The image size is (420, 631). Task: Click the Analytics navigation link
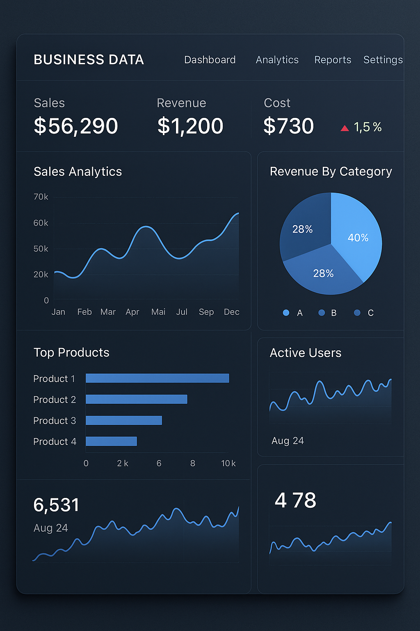(277, 60)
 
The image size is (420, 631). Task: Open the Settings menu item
(383, 60)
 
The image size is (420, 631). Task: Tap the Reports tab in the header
(333, 60)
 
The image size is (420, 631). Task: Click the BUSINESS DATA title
(89, 60)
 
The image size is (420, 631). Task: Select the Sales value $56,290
(76, 126)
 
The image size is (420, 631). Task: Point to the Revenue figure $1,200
(190, 126)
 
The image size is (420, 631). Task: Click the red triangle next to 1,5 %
(345, 128)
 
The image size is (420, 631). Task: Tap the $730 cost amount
(288, 126)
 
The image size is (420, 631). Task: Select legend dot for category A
(286, 313)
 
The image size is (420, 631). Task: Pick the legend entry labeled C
(370, 313)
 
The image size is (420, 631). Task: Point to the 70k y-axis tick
(41, 197)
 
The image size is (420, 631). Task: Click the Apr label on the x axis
(132, 312)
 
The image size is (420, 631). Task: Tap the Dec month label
(231, 312)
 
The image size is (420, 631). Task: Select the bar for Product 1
(157, 378)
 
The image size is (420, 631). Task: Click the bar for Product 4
(111, 441)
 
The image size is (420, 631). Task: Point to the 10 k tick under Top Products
(228, 463)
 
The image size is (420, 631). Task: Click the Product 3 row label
(55, 421)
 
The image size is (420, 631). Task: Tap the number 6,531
(56, 505)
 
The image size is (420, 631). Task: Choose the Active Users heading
(306, 353)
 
